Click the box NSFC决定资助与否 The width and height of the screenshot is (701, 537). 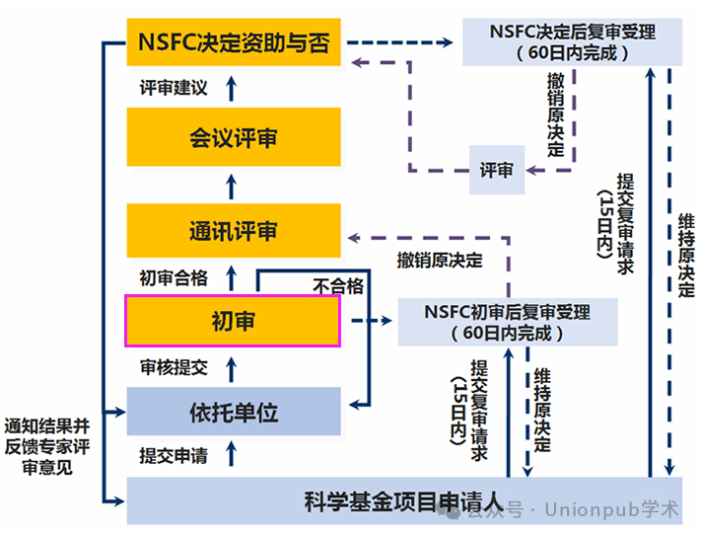(234, 43)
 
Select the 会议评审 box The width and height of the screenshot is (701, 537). (234, 137)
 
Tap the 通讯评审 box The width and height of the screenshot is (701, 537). (234, 231)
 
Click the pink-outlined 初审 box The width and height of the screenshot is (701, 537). (233, 321)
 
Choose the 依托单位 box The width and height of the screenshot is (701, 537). (234, 412)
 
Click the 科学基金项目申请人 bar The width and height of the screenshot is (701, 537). (404, 500)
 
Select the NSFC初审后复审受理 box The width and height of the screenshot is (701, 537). (508, 322)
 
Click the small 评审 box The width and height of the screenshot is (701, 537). (496, 170)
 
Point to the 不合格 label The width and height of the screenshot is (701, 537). (338, 285)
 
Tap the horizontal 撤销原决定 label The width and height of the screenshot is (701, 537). (440, 261)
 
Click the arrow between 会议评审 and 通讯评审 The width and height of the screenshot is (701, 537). (233, 184)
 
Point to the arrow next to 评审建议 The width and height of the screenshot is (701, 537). (233, 88)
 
